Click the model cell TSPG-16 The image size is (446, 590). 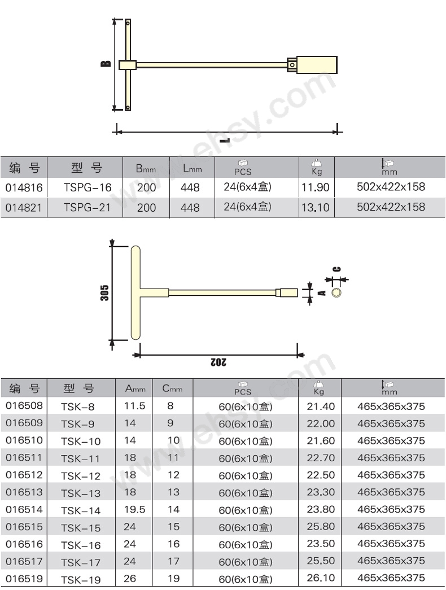point(88,187)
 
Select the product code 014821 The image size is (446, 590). point(23,207)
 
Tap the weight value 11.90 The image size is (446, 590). point(315,187)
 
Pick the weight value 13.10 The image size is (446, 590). point(315,207)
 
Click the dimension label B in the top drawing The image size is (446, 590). point(106,65)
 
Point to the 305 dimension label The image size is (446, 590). point(104,292)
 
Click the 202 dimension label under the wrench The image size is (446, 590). point(218,362)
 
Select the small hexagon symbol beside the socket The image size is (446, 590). point(337,292)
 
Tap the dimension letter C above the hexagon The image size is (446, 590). point(336,269)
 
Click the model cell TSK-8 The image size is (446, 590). point(78,407)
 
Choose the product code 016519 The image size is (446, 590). point(23,579)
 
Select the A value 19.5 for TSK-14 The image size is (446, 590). point(134,509)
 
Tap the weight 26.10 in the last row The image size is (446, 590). point(321,578)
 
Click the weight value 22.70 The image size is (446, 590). point(321,458)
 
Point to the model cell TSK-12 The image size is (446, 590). point(80,475)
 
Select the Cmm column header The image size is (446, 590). point(172,388)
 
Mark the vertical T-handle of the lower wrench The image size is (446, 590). point(135,292)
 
